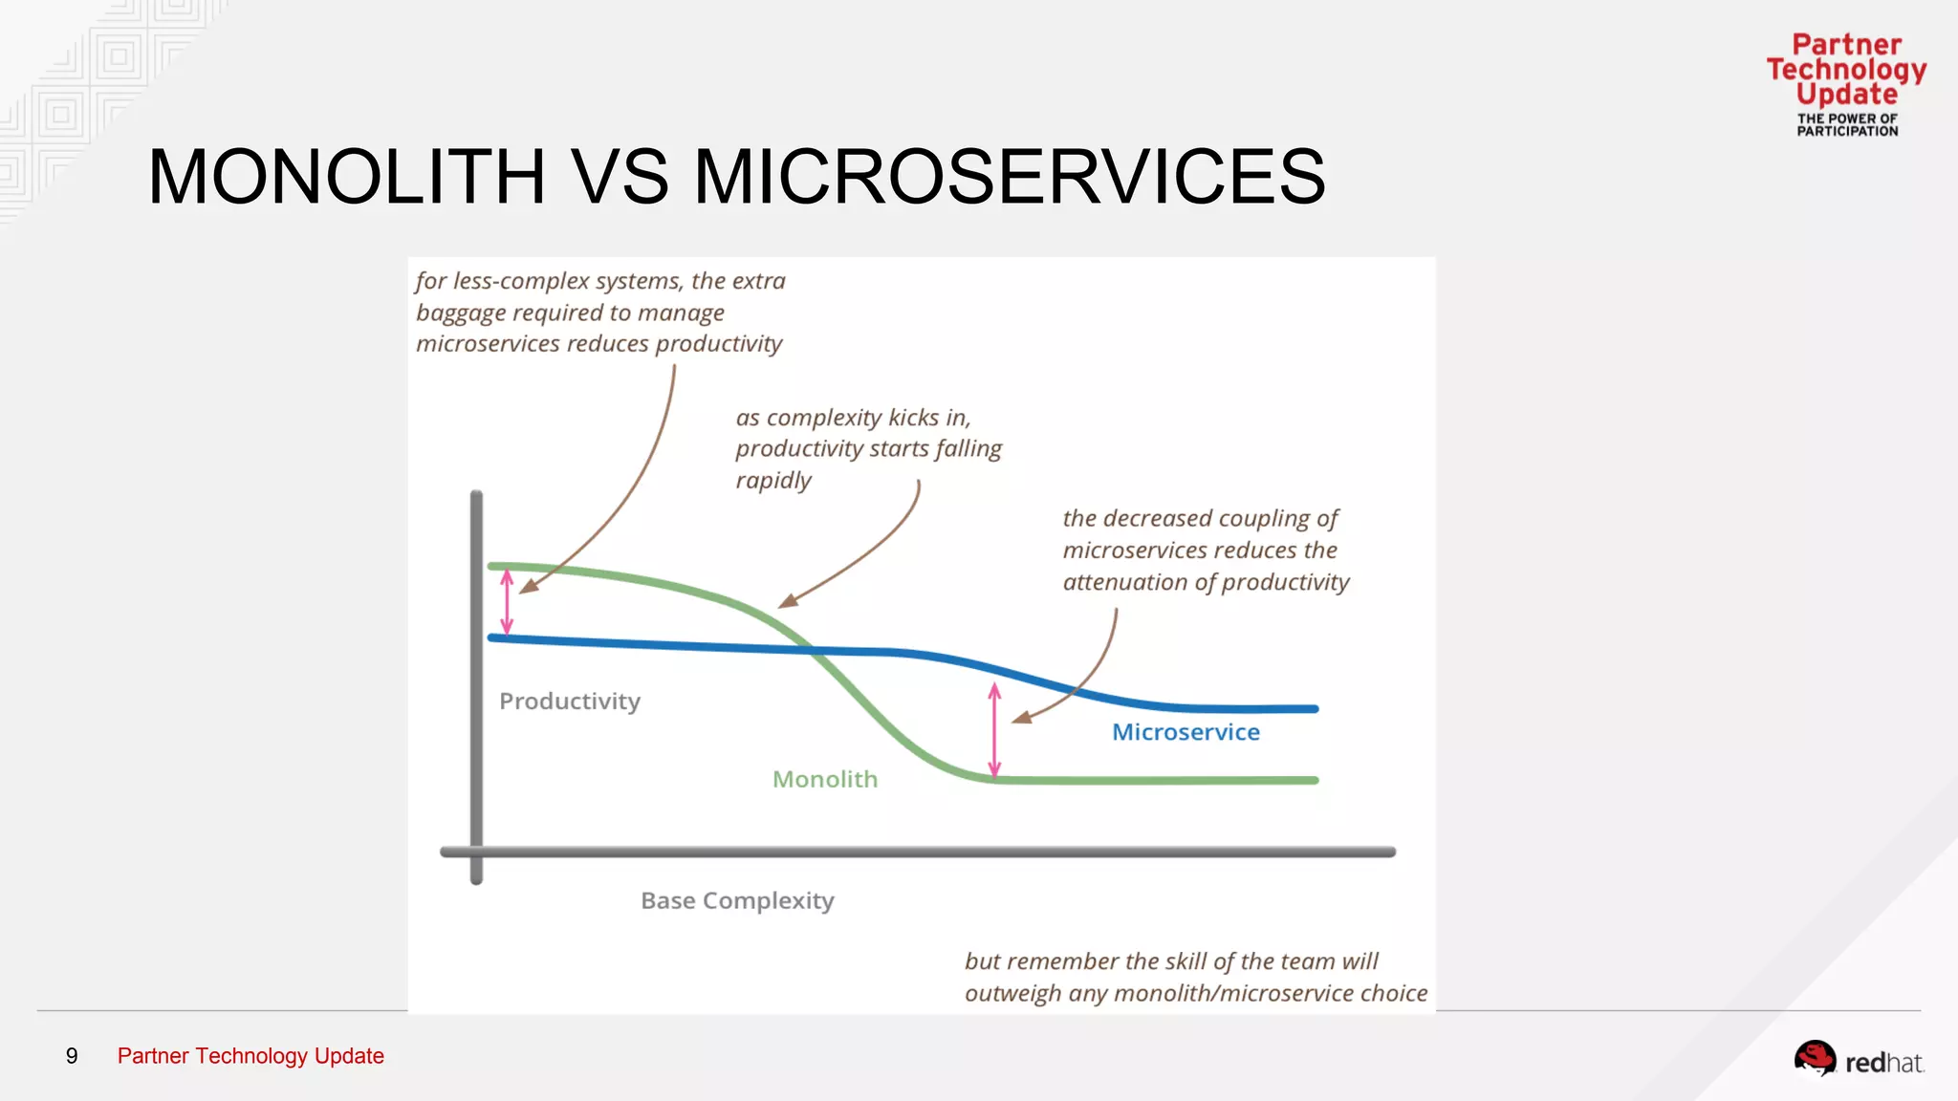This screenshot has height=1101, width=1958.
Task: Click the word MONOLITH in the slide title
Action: coord(346,178)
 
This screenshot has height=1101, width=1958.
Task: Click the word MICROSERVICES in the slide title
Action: coord(1009,178)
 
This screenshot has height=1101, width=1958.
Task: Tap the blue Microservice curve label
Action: coord(1186,732)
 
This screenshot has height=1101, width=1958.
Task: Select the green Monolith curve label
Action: coord(824,780)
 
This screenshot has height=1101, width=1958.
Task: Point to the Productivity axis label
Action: coord(570,702)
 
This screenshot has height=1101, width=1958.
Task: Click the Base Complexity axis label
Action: coord(737,901)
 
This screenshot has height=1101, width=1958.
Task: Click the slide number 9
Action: coord(72,1056)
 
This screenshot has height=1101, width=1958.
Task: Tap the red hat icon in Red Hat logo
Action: coord(1814,1058)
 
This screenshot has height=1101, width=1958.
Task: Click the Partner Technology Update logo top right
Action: coord(1846,84)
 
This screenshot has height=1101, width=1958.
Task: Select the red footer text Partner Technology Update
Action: coord(250,1056)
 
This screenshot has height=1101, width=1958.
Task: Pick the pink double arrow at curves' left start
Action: coord(507,602)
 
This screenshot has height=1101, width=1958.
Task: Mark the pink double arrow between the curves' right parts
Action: coord(994,730)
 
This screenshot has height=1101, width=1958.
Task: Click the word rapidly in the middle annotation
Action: coord(773,481)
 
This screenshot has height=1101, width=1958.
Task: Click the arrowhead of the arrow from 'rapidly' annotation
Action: coord(786,602)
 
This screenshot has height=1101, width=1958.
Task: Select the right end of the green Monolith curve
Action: coord(1315,780)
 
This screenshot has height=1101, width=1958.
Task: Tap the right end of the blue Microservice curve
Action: coord(1315,709)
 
